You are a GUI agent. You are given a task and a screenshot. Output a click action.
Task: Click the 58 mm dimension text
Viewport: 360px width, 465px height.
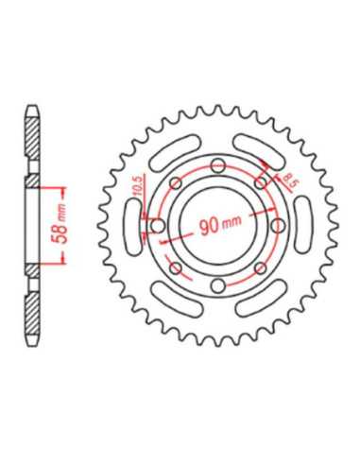[60, 225]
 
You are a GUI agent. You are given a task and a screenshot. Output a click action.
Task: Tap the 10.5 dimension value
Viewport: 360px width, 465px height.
[140, 186]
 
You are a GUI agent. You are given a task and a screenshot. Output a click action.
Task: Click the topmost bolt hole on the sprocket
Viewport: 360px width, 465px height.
[218, 165]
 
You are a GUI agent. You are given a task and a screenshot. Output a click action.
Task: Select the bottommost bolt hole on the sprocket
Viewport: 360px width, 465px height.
[218, 285]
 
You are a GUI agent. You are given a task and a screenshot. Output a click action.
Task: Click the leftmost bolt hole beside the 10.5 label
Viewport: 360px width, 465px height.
[158, 226]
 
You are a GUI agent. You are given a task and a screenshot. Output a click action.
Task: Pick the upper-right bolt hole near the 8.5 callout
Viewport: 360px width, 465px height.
[261, 183]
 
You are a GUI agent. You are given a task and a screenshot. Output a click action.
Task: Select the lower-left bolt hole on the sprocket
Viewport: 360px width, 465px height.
[176, 268]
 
